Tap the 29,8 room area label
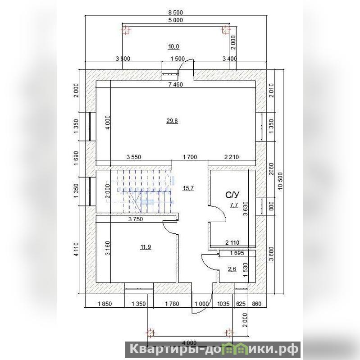tap(172, 121)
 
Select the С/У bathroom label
tap(232, 195)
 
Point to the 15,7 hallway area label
tap(188, 188)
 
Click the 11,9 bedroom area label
tap(146, 247)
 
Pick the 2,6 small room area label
tap(232, 269)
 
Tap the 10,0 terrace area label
tap(174, 46)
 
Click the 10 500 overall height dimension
tap(280, 181)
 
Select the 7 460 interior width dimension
tap(176, 85)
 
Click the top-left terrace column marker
tap(125, 30)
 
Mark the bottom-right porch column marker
tap(229, 333)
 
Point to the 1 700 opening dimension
tap(190, 157)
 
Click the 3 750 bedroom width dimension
tap(136, 219)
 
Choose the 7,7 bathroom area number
tap(234, 205)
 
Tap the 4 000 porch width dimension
tap(189, 343)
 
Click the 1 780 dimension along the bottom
tap(172, 304)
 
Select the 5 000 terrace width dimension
tap(176, 20)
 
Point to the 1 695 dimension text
tap(237, 253)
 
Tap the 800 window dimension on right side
tap(271, 206)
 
